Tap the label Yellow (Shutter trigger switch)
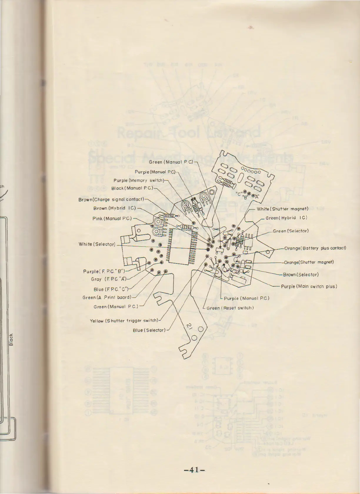(124, 321)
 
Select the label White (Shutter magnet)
(282, 209)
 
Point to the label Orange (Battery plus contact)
(315, 248)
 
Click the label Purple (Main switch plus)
(309, 286)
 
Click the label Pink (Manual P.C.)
(112, 219)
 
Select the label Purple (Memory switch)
(139, 180)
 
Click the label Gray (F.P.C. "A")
(109, 279)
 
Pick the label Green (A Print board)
(107, 298)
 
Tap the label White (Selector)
(97, 244)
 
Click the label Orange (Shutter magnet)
(309, 262)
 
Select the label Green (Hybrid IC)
(286, 218)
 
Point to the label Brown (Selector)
(301, 275)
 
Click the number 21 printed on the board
(189, 326)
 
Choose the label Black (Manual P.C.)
(132, 188)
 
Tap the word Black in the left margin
(11, 340)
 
